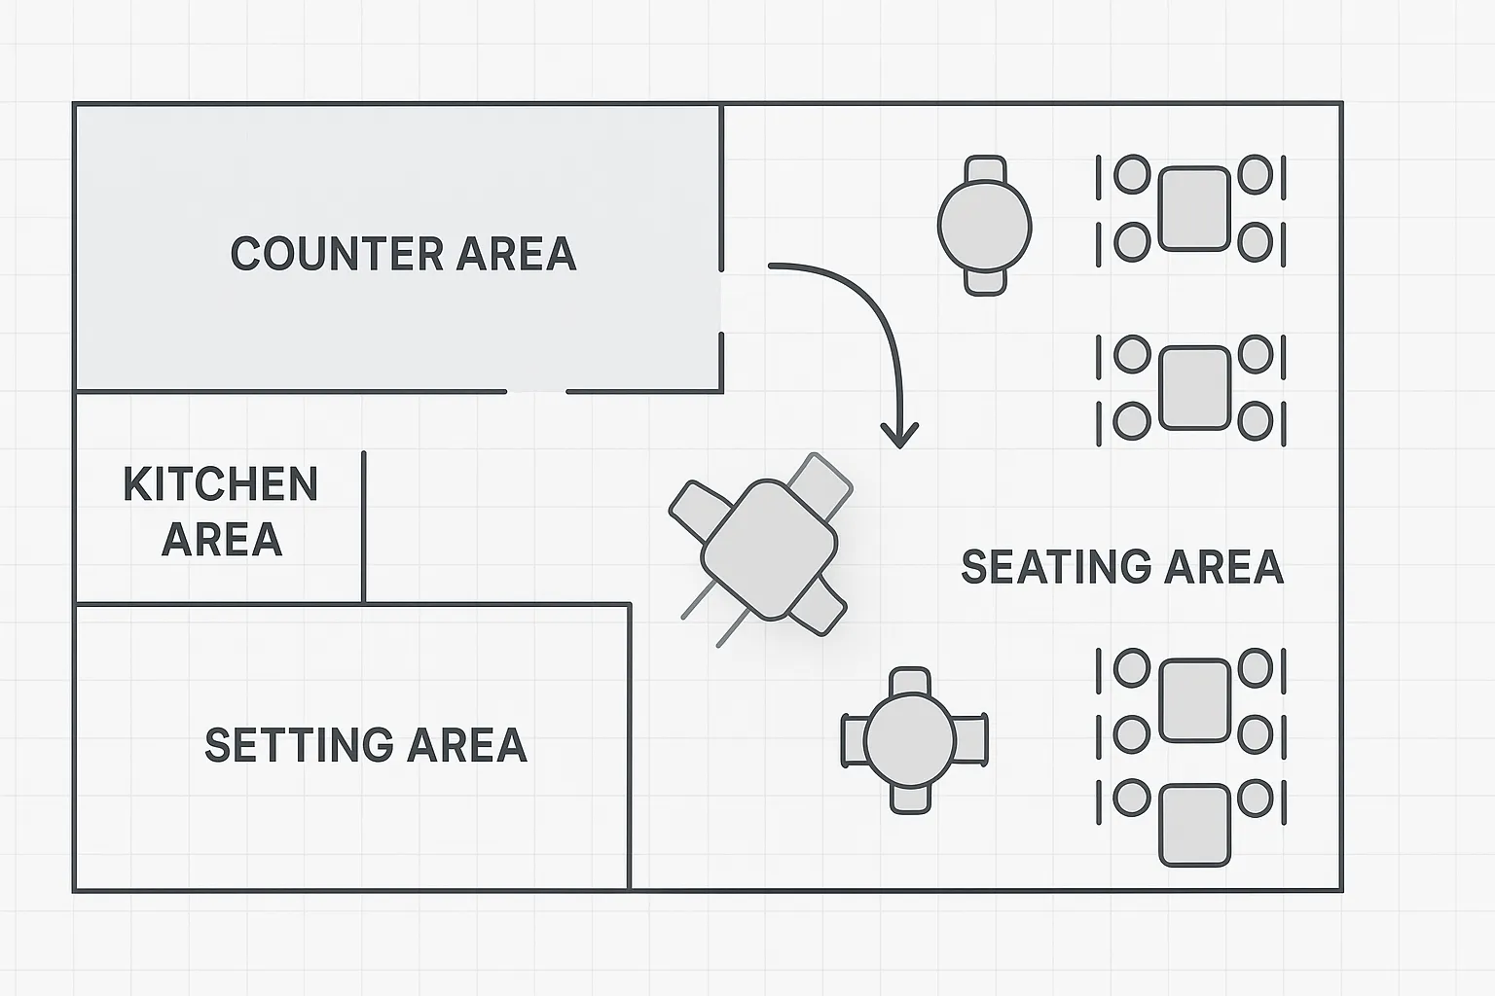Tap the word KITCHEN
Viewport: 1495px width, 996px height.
tap(221, 484)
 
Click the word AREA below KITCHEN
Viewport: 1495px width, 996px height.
tap(222, 540)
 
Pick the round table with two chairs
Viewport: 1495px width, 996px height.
tap(984, 225)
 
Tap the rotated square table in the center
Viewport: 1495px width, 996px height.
tap(769, 550)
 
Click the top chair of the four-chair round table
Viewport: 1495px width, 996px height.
tap(910, 681)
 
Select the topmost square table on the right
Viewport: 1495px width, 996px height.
tap(1194, 208)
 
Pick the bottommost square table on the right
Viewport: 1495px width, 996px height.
tap(1194, 825)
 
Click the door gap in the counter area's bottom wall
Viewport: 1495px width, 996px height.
tap(536, 392)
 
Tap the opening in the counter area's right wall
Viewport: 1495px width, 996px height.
tap(721, 302)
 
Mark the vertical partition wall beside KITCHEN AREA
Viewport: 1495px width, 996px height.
tap(363, 525)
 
